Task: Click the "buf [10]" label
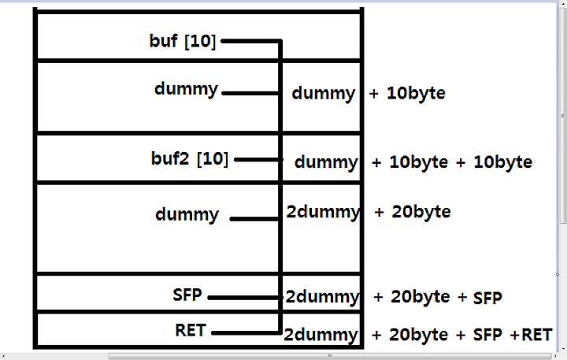[183, 41]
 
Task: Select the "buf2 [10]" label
[190, 158]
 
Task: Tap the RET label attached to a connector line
[191, 330]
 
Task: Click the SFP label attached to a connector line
[187, 295]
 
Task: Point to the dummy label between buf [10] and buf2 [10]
[186, 89]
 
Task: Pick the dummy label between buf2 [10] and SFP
[187, 214]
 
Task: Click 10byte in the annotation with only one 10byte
[416, 93]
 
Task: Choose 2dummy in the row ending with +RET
[321, 335]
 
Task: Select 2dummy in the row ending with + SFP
[322, 297]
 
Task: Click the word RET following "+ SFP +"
[536, 335]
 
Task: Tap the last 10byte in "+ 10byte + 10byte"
[503, 162]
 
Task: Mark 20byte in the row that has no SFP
[421, 212]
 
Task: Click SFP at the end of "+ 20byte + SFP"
[487, 298]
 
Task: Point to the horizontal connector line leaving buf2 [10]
[258, 160]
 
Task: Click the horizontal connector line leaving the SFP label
[245, 298]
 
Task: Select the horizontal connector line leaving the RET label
[246, 333]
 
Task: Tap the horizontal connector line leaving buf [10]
[251, 41]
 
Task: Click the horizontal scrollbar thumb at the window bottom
[330, 356]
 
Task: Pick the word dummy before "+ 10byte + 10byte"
[326, 162]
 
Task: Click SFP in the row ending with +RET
[487, 335]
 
